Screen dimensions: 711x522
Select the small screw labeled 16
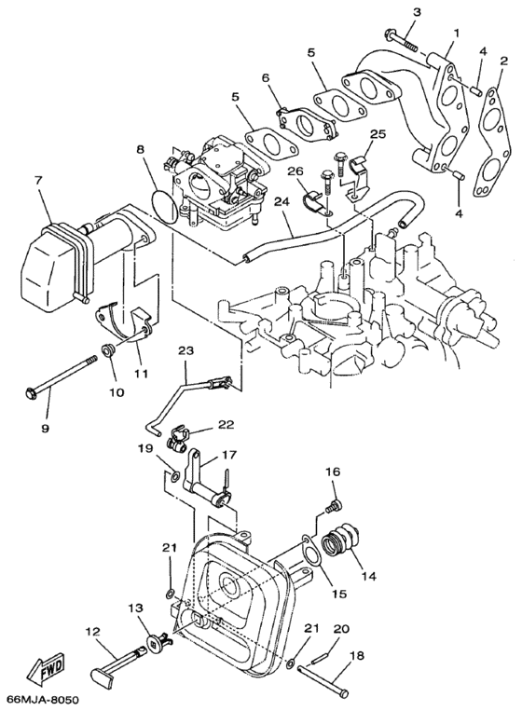pos(332,506)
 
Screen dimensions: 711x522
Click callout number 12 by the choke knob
pos(92,631)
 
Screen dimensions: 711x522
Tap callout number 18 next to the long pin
pos(357,656)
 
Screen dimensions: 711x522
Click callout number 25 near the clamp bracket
pos(377,135)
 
